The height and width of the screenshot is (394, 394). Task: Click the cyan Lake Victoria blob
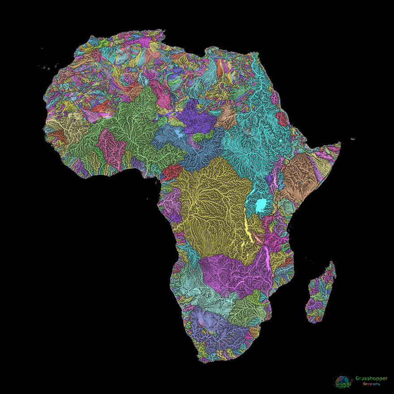[x=261, y=206]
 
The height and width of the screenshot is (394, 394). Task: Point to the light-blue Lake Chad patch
[x=179, y=133]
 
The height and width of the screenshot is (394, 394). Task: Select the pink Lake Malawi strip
[x=268, y=259]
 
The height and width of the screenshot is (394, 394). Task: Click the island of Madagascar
[x=320, y=293]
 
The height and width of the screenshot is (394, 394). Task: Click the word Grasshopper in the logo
[x=371, y=379]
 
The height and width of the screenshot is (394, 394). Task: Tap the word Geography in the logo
[x=371, y=384]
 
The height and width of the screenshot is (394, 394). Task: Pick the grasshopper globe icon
[x=342, y=381]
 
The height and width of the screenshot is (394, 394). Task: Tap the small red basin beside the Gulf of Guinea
[x=171, y=171]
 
